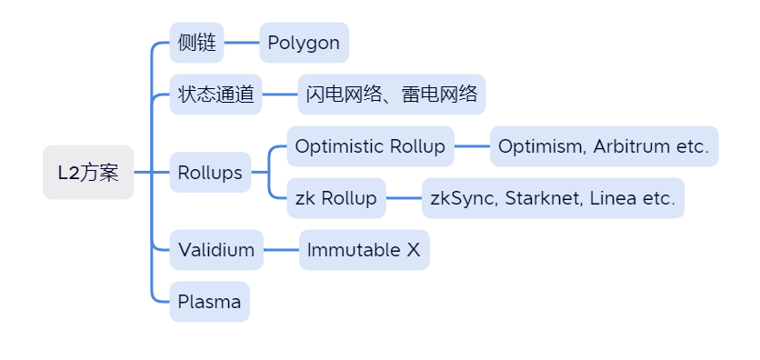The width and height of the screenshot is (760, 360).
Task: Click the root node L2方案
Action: [88, 173]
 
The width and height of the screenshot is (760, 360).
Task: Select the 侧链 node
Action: [196, 43]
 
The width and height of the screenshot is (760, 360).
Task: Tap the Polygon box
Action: [304, 43]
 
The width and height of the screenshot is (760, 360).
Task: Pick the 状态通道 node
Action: [215, 95]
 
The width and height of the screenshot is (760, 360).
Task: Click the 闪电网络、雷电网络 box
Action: [391, 95]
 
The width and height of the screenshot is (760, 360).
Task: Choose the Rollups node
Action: [210, 173]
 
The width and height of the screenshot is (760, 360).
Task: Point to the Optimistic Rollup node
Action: [370, 146]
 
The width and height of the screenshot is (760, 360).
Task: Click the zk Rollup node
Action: [335, 198]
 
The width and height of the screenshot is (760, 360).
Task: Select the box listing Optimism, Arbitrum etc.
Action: [604, 146]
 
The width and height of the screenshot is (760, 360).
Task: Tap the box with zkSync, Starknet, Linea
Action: [553, 198]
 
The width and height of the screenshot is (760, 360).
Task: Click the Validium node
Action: [216, 250]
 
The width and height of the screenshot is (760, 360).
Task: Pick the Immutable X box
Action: [364, 250]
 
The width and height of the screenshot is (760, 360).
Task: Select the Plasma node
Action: [209, 302]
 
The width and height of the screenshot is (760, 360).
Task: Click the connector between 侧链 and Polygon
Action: [242, 43]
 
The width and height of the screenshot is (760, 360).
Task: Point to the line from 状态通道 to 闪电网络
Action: [280, 95]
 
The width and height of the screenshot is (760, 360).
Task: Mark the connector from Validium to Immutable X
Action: [281, 250]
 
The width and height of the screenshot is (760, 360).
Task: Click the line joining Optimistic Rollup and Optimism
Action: [472, 146]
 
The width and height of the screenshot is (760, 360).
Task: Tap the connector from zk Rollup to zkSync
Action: [404, 198]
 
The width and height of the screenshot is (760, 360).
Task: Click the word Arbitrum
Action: [631, 146]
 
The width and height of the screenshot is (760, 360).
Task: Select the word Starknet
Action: [543, 198]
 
